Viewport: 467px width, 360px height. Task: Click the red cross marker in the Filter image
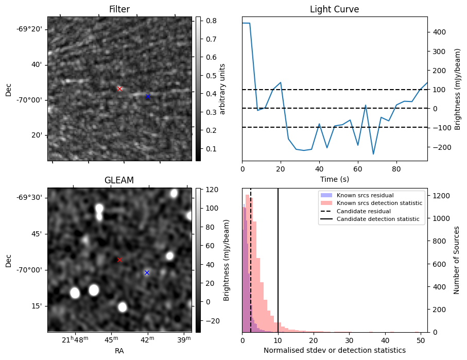point(120,89)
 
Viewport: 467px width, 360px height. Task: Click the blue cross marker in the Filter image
point(148,96)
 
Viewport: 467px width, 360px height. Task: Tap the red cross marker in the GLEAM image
point(119,260)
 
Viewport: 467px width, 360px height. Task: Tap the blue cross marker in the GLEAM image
point(147,272)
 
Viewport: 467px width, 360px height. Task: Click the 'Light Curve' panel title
point(334,9)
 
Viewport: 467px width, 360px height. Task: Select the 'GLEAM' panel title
point(119,180)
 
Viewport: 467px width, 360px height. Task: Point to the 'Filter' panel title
point(119,9)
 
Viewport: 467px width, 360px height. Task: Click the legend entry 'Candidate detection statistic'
point(377,219)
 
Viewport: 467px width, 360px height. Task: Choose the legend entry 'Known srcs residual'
point(365,195)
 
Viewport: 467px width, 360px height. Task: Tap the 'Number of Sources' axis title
point(456,260)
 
